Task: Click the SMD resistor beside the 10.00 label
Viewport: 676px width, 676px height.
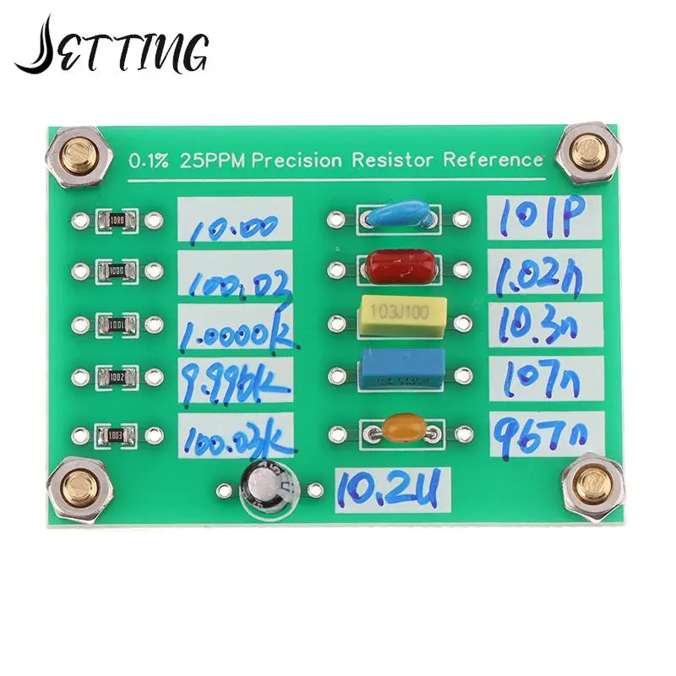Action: point(115,220)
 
